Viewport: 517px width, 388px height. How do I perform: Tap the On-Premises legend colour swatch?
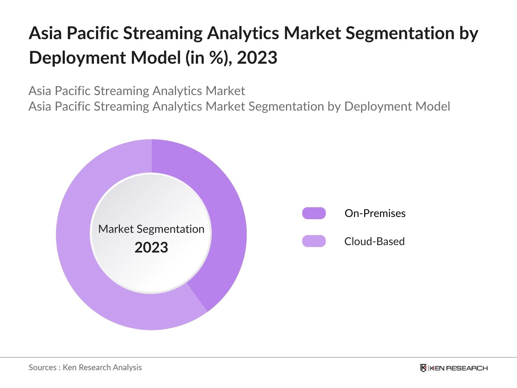[x=314, y=213]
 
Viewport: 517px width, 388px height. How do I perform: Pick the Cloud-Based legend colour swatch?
[x=314, y=241]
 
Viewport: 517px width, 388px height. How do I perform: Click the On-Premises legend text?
[x=375, y=213]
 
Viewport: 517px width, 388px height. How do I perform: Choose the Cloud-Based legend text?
[x=374, y=242]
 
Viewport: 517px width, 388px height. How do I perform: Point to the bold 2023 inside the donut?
[x=151, y=248]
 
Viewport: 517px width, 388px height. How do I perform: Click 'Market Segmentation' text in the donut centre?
[x=151, y=229]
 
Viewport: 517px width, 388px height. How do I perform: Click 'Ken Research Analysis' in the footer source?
[x=102, y=368]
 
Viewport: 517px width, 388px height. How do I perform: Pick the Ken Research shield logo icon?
[x=423, y=368]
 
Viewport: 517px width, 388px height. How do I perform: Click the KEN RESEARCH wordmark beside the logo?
[x=459, y=368]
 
